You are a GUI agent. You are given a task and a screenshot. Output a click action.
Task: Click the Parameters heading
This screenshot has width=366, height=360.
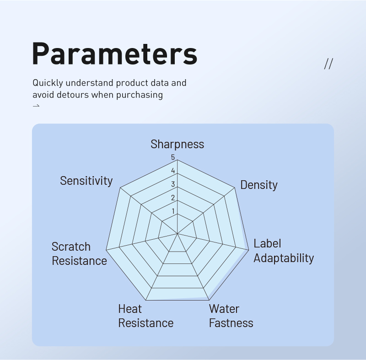[115, 54]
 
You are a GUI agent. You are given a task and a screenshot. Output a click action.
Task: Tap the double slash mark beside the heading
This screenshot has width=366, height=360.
[328, 64]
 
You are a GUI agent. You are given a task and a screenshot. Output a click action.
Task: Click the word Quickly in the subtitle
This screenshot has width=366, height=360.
[48, 83]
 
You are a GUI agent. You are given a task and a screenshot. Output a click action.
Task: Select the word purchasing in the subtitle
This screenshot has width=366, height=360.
[140, 95]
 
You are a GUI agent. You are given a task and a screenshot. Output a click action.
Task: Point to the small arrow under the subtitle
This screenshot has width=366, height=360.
[36, 106]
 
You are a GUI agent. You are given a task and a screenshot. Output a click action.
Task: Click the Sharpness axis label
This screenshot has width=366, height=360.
[177, 144]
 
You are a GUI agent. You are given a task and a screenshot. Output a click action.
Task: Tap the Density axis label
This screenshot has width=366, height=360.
[259, 185]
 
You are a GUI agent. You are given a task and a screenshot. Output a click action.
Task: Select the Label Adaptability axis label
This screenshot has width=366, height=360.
[284, 251]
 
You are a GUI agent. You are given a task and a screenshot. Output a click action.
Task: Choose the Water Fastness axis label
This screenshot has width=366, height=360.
[231, 316]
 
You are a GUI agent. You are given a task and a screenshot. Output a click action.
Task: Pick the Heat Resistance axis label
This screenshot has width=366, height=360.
[146, 316]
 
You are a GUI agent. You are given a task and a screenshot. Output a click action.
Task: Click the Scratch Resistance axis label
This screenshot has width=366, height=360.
[79, 253]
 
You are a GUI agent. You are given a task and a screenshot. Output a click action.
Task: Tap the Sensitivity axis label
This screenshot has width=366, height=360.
[86, 181]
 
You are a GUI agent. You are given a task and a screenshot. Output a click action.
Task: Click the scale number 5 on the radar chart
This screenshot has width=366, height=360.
[173, 157]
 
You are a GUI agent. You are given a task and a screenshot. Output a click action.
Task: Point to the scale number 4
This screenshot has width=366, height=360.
[173, 171]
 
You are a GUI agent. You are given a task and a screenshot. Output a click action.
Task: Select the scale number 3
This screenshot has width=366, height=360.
[173, 184]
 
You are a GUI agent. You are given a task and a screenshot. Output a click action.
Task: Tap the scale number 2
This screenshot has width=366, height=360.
[173, 198]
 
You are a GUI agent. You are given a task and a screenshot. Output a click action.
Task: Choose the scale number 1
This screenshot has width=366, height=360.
[173, 211]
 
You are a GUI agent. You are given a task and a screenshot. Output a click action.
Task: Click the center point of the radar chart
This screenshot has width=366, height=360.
[178, 233]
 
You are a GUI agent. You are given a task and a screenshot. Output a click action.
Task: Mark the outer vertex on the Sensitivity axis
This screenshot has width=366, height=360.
[120, 188]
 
